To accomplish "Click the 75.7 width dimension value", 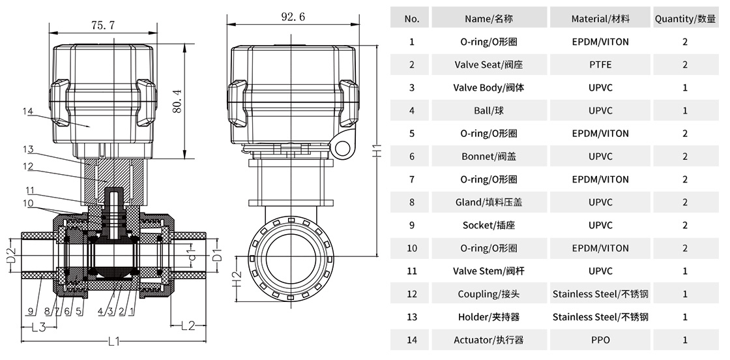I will click(103, 25).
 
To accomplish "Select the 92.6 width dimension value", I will click(293, 18).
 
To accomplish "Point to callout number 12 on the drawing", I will click(27, 166).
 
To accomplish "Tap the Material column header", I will click(600, 19).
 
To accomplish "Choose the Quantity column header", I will click(685, 19).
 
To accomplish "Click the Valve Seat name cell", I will click(489, 65).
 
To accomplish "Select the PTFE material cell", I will click(600, 65).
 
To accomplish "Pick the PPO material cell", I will click(600, 340).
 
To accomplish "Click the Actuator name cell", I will click(489, 340).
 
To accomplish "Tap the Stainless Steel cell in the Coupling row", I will click(600, 294).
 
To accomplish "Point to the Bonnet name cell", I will click(489, 157).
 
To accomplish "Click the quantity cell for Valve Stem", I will click(685, 271).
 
